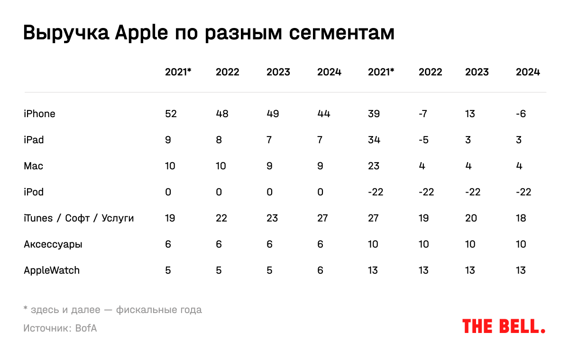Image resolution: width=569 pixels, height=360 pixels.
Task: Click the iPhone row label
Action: click(39, 114)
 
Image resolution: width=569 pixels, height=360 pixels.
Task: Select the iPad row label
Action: click(34, 140)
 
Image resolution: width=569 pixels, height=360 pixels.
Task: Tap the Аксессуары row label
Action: click(53, 245)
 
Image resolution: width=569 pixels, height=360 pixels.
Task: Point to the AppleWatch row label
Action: click(52, 270)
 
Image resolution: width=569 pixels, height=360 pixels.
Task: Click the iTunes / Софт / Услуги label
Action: click(79, 218)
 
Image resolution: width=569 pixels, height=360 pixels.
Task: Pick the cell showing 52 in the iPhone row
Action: click(171, 114)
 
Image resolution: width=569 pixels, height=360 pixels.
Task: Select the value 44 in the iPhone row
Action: click(323, 114)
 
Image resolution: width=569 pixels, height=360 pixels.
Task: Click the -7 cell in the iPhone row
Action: click(423, 114)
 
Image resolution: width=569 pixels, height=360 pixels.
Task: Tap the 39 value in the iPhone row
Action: click(374, 114)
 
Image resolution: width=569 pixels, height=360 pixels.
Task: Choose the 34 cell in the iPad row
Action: click(374, 140)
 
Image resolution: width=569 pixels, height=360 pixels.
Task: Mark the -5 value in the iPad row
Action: click(423, 140)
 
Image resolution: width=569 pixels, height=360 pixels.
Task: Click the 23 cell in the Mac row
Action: click(374, 166)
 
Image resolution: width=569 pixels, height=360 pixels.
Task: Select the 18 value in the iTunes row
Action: click(521, 218)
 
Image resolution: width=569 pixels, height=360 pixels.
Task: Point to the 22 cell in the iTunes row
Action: click(221, 218)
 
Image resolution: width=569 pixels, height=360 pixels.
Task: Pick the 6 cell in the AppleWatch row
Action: click(320, 270)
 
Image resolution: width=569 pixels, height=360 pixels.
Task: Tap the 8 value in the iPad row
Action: click(219, 140)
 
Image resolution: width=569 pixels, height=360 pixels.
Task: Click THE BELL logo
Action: click(504, 326)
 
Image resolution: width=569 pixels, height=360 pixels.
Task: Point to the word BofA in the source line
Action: click(86, 328)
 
